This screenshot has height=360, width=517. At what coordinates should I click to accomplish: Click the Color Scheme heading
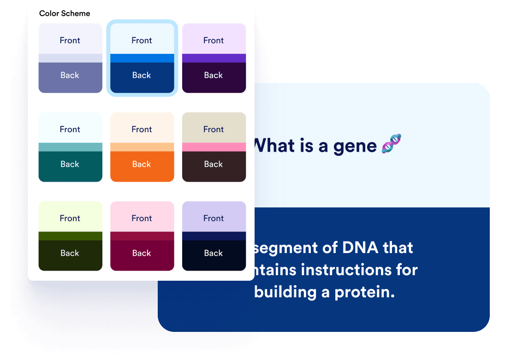pyautogui.click(x=65, y=13)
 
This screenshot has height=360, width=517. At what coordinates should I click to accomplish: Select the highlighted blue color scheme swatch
pyautogui.click(x=142, y=58)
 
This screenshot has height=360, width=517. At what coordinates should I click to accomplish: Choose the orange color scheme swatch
pyautogui.click(x=142, y=147)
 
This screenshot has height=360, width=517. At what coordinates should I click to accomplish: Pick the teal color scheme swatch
pyautogui.click(x=70, y=147)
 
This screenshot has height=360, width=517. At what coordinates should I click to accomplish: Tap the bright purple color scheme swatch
pyautogui.click(x=214, y=58)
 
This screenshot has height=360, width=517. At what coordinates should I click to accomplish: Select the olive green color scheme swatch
pyautogui.click(x=70, y=236)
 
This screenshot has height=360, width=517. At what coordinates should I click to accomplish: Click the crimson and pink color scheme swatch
pyautogui.click(x=142, y=236)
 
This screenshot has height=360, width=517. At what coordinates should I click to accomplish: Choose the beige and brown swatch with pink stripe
pyautogui.click(x=214, y=147)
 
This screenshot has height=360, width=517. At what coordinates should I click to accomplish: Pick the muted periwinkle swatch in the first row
pyautogui.click(x=70, y=58)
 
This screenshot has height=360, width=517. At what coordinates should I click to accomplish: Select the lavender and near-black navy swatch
pyautogui.click(x=214, y=236)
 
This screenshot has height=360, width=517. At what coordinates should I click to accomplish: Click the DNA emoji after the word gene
pyautogui.click(x=392, y=145)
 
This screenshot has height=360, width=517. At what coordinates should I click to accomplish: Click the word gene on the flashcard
pyautogui.click(x=355, y=146)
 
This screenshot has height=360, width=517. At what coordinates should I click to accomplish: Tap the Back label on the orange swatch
pyautogui.click(x=142, y=164)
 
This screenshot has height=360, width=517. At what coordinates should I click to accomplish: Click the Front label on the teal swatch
pyautogui.click(x=70, y=130)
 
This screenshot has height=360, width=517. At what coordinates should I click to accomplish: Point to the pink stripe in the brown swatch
pyautogui.click(x=214, y=147)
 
